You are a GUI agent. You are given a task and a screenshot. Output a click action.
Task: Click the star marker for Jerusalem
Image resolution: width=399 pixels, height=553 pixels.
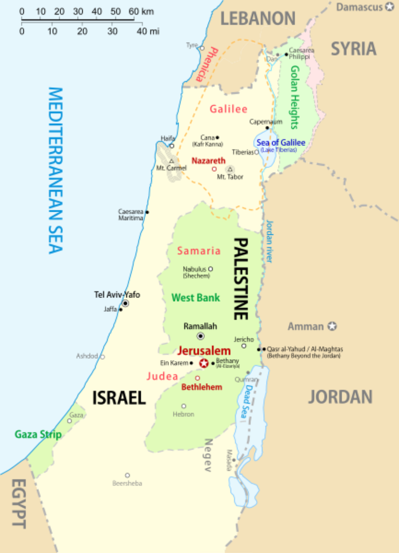pyautogui.click(x=204, y=363)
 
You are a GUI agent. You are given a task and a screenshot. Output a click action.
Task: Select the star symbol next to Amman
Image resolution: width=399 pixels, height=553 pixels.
pyautogui.click(x=332, y=326)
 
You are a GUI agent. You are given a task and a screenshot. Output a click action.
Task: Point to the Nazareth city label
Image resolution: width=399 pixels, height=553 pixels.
pyautogui.click(x=208, y=161)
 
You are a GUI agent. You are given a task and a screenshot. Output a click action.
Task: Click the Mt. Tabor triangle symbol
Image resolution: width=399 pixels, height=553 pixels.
pyautogui.click(x=230, y=169)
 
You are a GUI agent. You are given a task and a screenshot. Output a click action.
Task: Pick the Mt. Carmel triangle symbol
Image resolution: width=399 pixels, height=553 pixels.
pyautogui.click(x=171, y=161)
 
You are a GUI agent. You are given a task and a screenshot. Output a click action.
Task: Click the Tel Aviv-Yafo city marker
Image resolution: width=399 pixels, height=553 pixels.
pyautogui.click(x=125, y=304)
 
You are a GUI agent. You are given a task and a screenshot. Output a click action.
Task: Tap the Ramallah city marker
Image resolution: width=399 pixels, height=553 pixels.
pyautogui.click(x=201, y=336)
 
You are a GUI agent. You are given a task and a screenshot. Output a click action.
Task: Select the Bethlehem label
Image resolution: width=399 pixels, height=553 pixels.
pyautogui.click(x=202, y=387)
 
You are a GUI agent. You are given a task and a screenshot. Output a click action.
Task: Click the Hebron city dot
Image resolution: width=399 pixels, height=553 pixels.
pyautogui.click(x=184, y=406)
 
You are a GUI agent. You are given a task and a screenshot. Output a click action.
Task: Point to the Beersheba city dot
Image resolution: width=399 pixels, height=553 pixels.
pyautogui.click(x=127, y=475)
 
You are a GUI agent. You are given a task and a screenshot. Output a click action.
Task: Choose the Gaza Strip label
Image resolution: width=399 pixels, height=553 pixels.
pyautogui.click(x=38, y=434)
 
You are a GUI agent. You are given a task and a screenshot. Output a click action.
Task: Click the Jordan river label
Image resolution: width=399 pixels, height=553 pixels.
pyautogui.click(x=269, y=241)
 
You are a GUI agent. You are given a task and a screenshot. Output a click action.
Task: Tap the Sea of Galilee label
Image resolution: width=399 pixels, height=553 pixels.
pyautogui.click(x=280, y=143)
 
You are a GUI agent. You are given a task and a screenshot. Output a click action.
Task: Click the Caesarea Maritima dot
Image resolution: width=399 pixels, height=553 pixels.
pyautogui.click(x=147, y=212)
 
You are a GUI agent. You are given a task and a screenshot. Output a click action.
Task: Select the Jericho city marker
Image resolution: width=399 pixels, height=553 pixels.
pyautogui.click(x=244, y=346)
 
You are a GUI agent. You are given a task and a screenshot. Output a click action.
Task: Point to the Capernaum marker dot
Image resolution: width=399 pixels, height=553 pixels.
pyautogui.click(x=267, y=128)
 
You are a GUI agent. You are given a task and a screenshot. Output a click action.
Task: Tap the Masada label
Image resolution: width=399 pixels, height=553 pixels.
pyautogui.click(x=229, y=461)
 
